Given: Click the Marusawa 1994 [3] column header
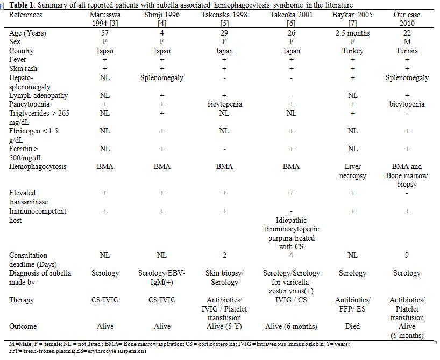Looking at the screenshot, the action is [x=105, y=19].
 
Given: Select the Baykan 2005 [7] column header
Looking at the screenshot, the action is [x=352, y=19].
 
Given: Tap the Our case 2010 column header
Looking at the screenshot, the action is [x=407, y=19].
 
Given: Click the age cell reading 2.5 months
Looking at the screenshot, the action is [x=352, y=33].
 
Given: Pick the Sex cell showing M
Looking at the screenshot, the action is [x=407, y=42].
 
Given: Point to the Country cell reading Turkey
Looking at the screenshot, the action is [x=353, y=51].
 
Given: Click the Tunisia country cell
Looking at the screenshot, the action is [x=407, y=51].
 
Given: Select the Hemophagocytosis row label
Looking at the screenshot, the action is [x=38, y=166].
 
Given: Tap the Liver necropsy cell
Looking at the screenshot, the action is [x=353, y=171].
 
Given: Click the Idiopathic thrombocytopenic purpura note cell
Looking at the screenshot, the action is [x=292, y=234].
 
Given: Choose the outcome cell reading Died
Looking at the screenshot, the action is [x=352, y=326].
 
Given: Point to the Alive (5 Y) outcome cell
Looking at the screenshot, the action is [x=224, y=326].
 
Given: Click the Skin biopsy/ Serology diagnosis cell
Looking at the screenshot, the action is [x=224, y=278].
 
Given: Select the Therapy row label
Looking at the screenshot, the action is [x=22, y=300].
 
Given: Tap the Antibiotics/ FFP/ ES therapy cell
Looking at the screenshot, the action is [x=353, y=305].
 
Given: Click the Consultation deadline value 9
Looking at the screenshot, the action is [x=407, y=255].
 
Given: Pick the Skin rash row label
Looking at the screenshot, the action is [x=23, y=69].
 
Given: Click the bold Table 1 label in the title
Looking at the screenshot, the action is [x=23, y=5].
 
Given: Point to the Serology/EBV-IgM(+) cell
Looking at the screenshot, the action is [x=162, y=278].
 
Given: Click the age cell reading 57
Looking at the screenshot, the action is [x=105, y=33].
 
